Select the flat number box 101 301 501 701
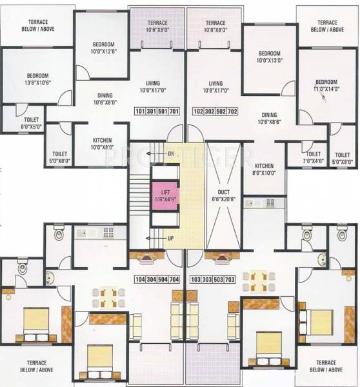point(157,111)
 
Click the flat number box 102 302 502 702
point(215,111)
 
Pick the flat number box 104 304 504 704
point(157,279)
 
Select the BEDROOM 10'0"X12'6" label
point(103,48)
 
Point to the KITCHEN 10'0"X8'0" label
point(101,144)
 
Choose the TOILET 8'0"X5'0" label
point(32,123)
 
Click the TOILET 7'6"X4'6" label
point(314,158)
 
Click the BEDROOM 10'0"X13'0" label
point(270,56)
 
